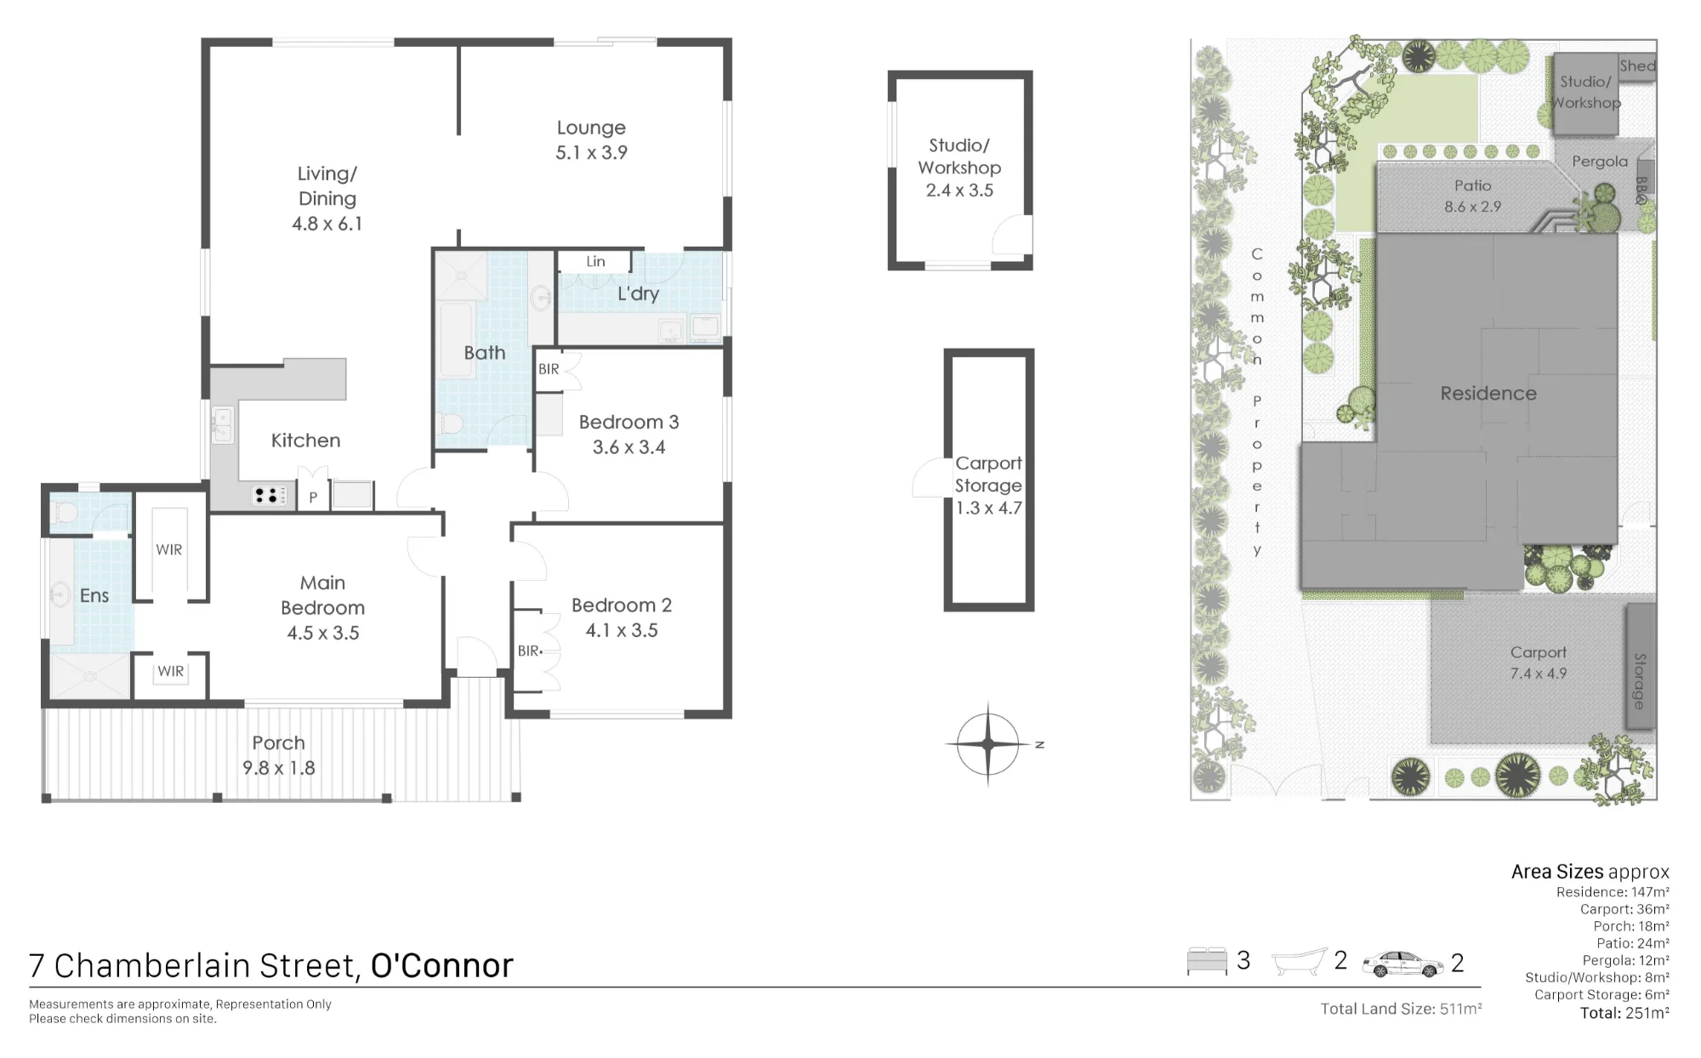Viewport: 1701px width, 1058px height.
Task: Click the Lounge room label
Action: (591, 128)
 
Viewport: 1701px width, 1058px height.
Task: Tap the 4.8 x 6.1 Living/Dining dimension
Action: (327, 224)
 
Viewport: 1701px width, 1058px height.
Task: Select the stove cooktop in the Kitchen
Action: (270, 495)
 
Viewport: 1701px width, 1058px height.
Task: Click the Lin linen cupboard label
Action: (595, 261)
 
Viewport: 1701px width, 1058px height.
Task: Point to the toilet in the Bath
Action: (450, 423)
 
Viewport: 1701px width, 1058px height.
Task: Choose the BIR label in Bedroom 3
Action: (549, 369)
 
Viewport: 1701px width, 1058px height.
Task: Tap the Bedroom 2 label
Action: (622, 606)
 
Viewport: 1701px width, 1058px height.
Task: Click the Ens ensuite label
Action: (94, 595)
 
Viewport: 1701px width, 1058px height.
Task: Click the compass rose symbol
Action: (987, 744)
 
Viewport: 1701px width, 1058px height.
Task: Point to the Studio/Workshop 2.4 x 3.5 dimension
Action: (959, 191)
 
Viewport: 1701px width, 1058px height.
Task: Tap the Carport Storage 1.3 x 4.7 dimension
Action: (988, 508)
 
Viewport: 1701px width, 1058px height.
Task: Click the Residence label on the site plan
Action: (1488, 394)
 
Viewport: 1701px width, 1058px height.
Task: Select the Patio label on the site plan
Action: (1472, 185)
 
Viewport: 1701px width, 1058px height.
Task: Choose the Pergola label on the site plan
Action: (1600, 162)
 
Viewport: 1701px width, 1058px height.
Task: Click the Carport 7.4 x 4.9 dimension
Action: (1539, 674)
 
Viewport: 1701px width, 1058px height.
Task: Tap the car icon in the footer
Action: (1402, 964)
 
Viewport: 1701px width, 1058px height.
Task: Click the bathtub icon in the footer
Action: (1299, 962)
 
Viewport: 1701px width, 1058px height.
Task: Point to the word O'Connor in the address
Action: (442, 966)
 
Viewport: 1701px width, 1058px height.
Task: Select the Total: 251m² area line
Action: (1624, 1013)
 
